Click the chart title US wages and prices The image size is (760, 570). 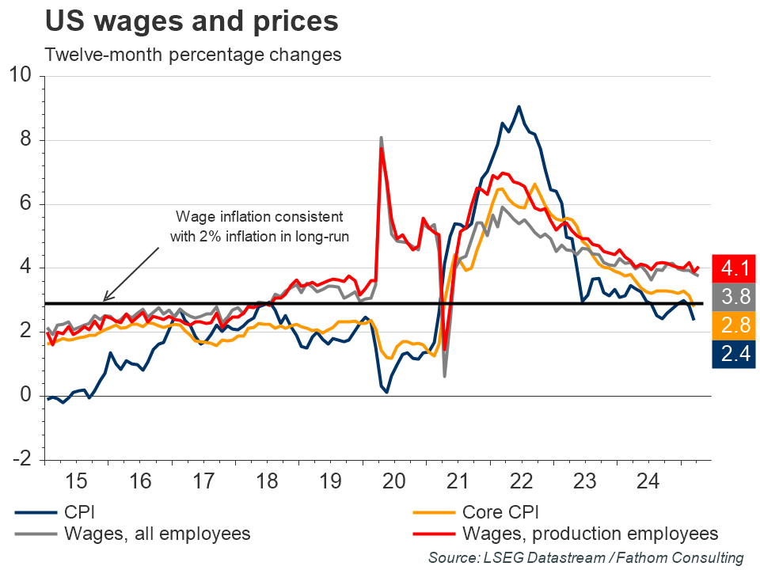click(192, 21)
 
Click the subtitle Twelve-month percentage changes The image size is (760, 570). click(193, 55)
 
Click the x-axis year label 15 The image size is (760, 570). click(76, 481)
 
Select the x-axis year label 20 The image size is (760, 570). click(393, 481)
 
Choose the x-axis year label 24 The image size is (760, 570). click(648, 481)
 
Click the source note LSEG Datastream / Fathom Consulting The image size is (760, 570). click(586, 557)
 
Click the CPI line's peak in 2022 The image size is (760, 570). click(519, 106)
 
